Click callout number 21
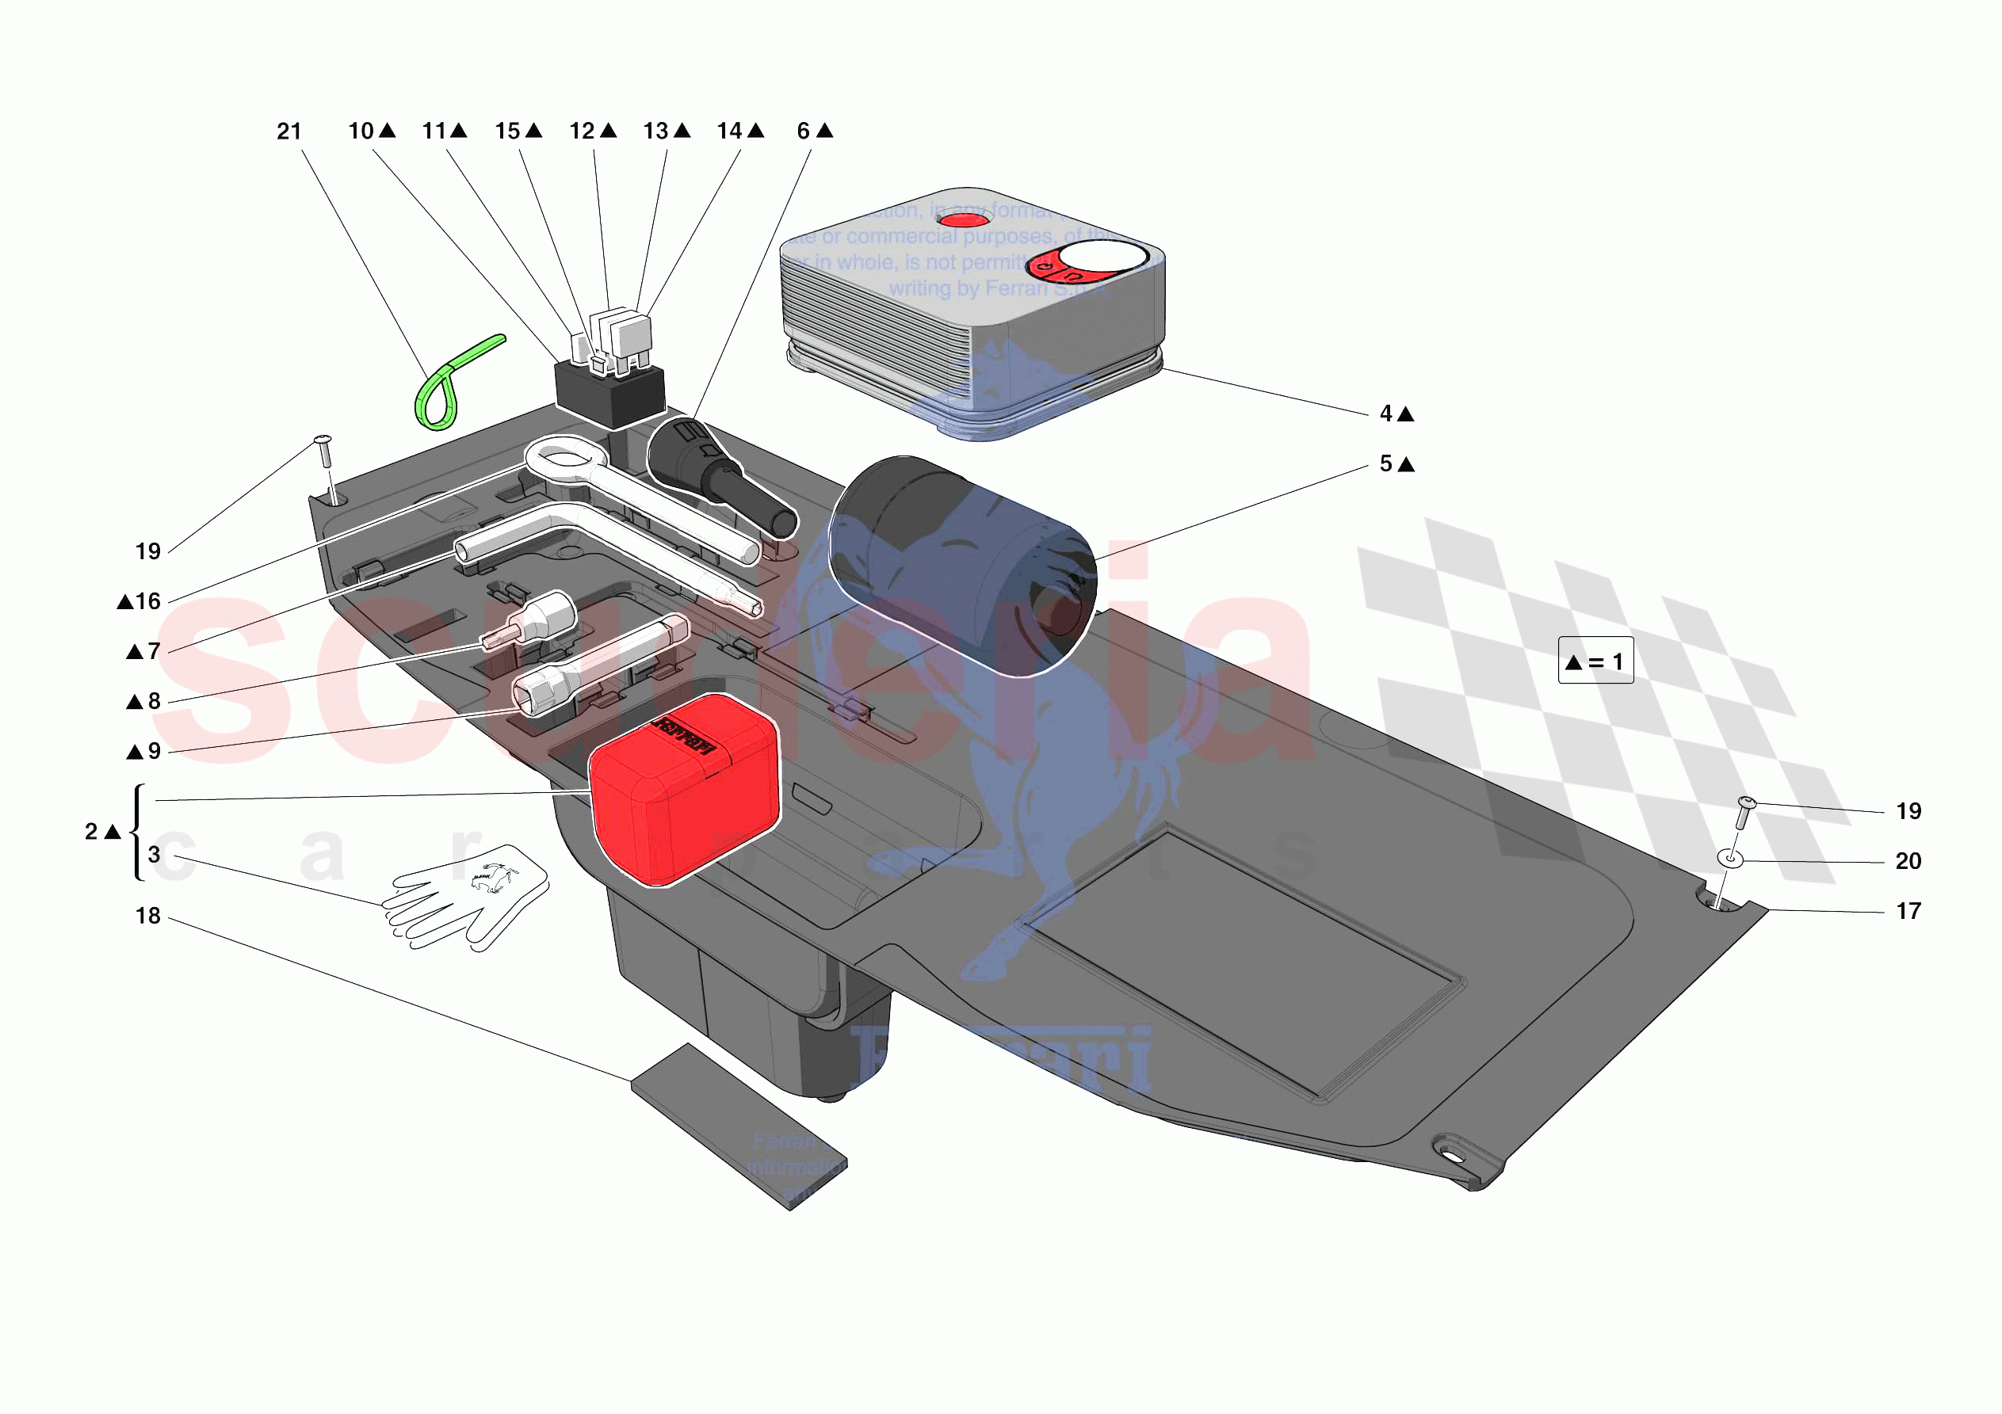point(288,131)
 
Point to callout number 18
point(148,917)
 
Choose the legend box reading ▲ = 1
point(1595,661)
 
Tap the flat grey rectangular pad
point(739,1126)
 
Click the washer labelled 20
point(1730,859)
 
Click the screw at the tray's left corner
point(324,452)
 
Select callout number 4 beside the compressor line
point(1386,414)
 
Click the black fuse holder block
point(610,397)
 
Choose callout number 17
point(1908,912)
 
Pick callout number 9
point(154,752)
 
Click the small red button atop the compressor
point(965,219)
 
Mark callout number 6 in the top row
point(803,131)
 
